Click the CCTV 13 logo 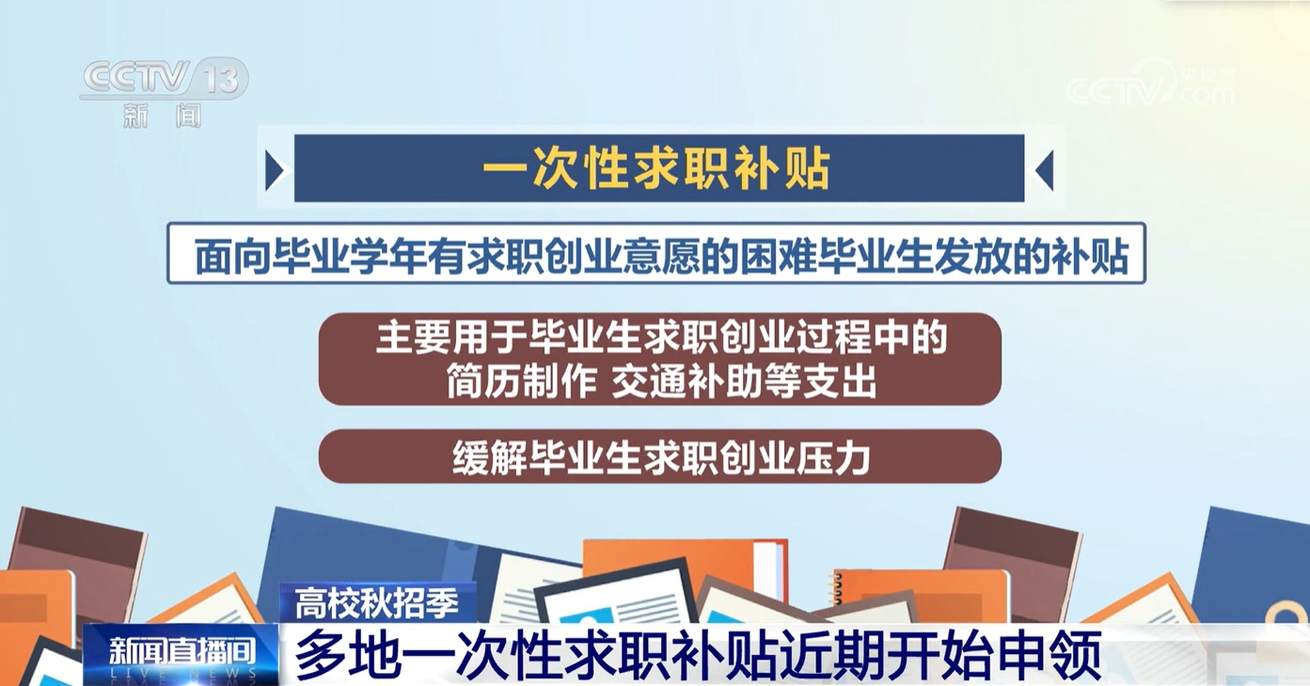coord(165,78)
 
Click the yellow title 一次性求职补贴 coord(656,169)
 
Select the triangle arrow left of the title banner coord(275,170)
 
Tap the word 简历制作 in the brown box coord(521,381)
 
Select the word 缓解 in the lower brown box coord(490,458)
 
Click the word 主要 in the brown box coord(414,338)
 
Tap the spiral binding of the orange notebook coord(838,588)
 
